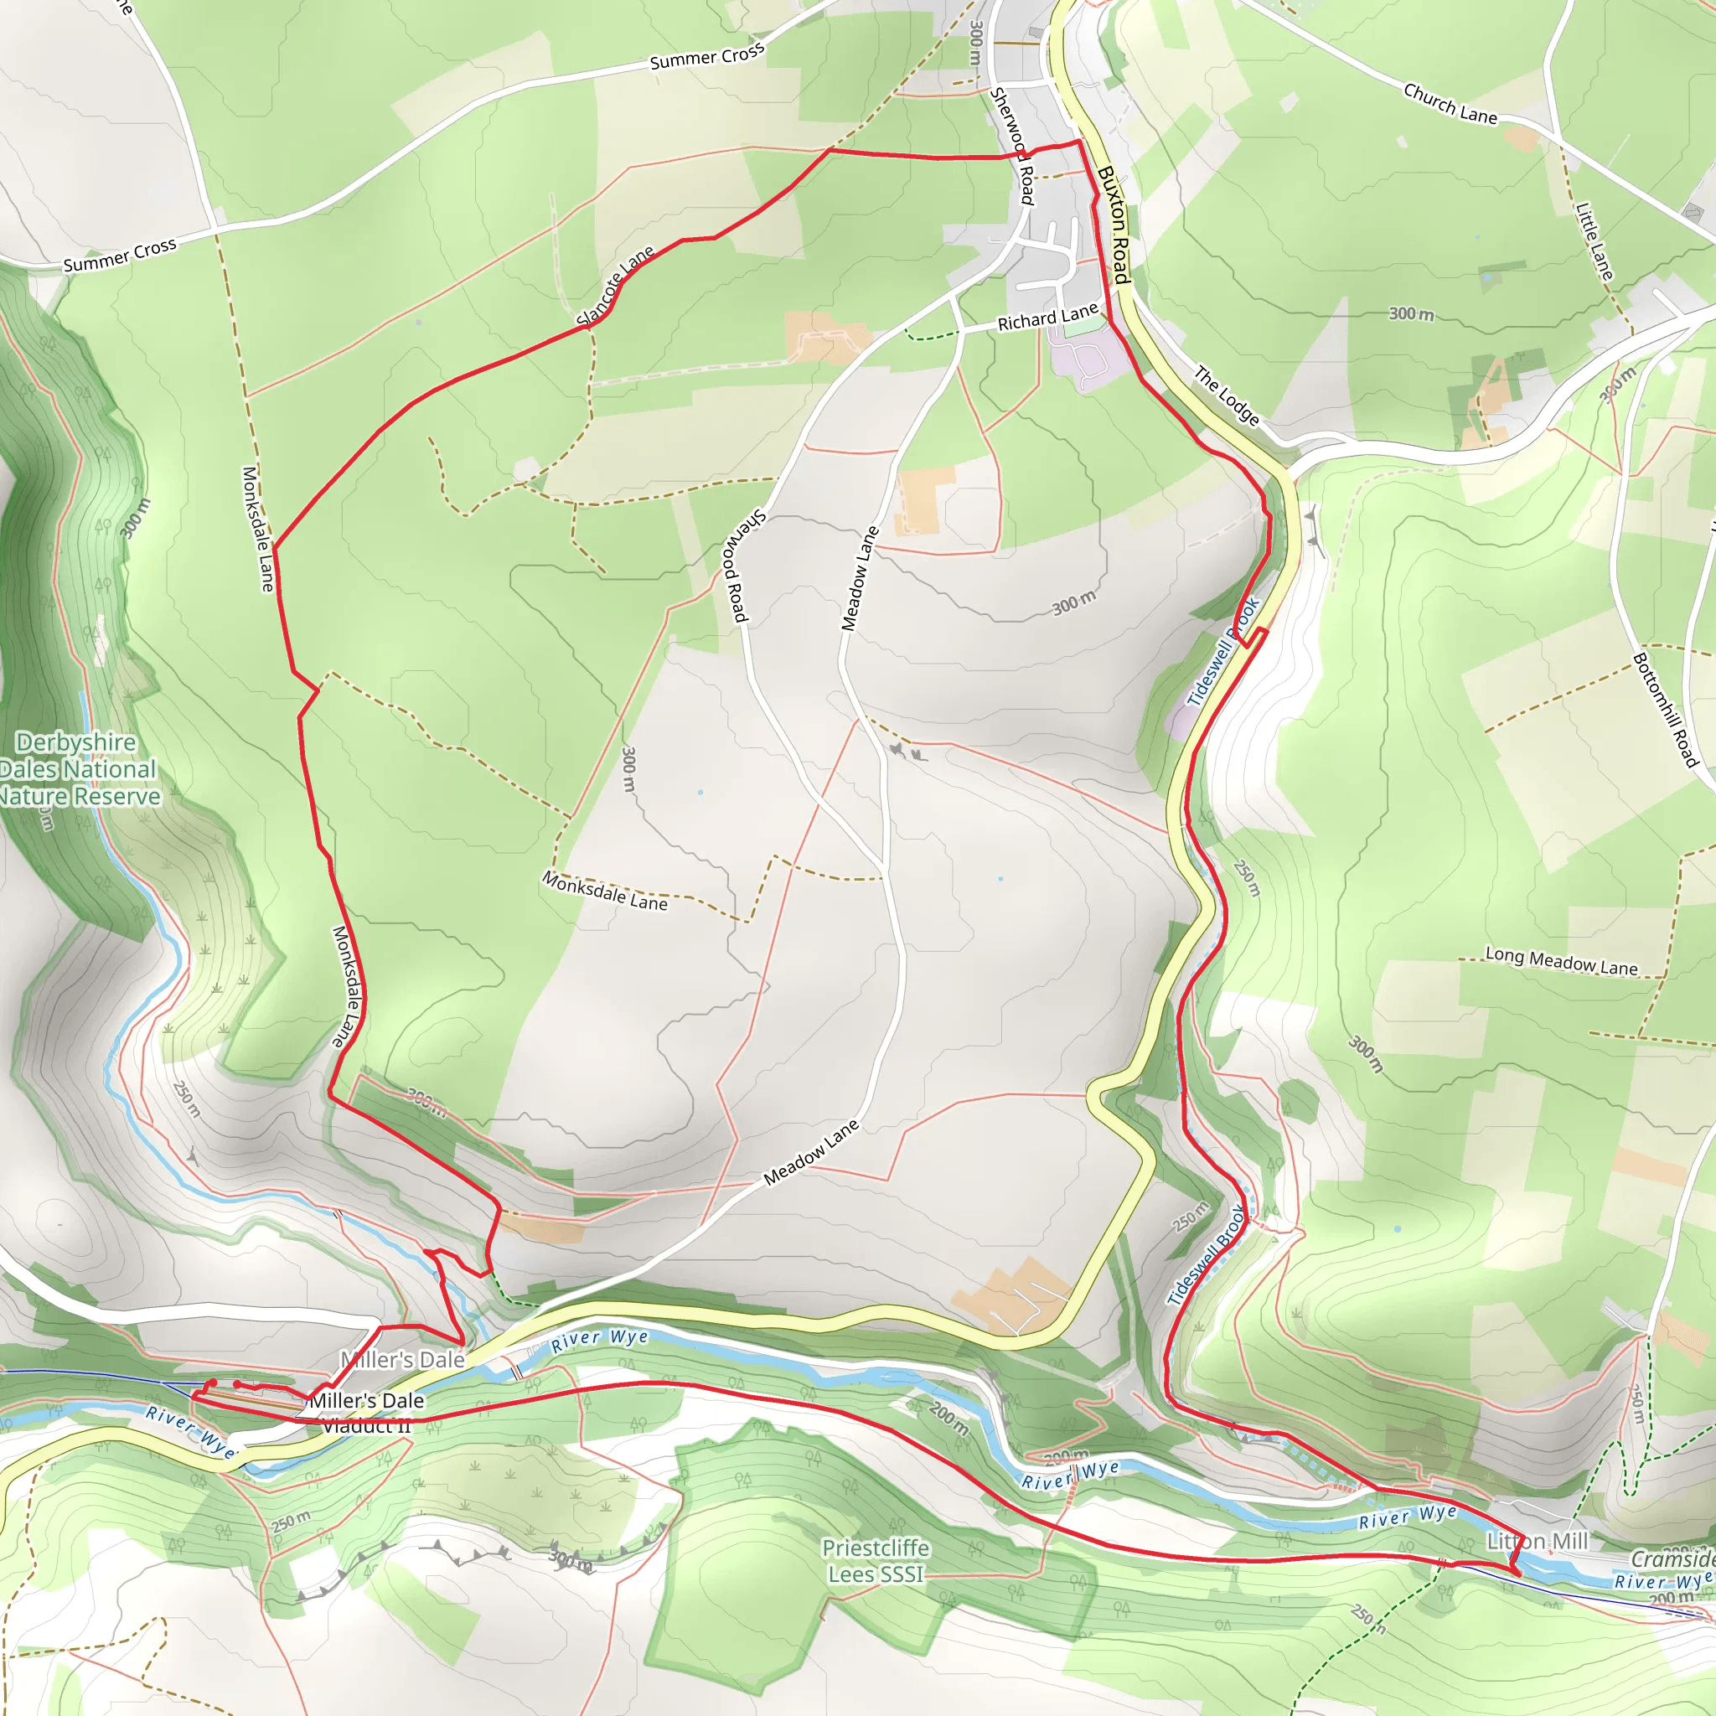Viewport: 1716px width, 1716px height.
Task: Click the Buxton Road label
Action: [1114, 225]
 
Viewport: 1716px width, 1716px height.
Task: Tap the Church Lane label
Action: [1450, 104]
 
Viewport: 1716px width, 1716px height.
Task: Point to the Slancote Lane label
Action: [615, 285]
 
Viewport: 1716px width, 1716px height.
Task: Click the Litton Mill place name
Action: [1537, 1541]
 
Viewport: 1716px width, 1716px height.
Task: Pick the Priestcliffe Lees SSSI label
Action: [876, 1560]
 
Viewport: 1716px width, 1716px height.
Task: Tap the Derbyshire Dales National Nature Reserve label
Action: [78, 769]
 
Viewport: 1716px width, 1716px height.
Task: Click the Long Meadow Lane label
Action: [1560, 961]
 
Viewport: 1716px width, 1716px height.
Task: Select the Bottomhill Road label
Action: [1666, 711]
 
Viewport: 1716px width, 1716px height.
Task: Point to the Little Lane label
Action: [1595, 241]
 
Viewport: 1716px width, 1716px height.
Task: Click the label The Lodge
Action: [1227, 395]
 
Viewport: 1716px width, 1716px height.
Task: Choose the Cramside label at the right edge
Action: [1672, 1559]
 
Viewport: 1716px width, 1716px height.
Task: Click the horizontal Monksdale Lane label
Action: [605, 891]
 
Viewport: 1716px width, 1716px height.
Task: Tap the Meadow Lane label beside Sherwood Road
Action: [859, 579]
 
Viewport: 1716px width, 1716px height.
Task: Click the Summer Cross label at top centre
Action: [706, 57]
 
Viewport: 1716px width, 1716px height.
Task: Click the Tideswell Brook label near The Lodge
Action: [1224, 653]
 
